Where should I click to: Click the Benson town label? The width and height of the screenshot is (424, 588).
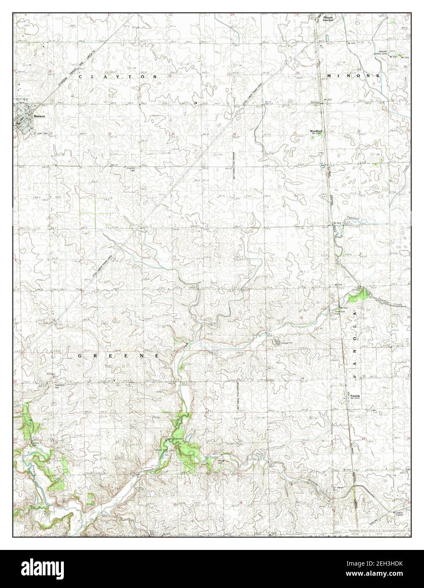[40, 115]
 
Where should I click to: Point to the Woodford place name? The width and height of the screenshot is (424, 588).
[316, 132]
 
